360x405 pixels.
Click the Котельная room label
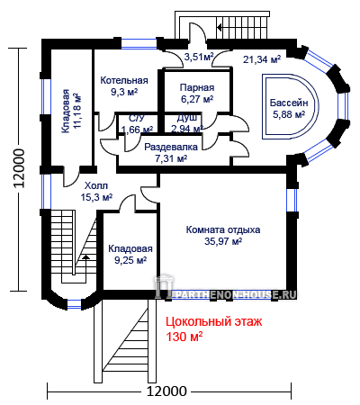click(124, 80)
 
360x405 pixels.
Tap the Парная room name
click(197, 87)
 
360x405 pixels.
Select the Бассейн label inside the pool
click(289, 103)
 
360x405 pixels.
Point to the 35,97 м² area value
click(223, 241)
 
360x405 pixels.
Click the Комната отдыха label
click(223, 229)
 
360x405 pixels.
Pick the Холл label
click(96, 185)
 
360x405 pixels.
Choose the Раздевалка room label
click(171, 147)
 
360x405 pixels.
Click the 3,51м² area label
click(199, 57)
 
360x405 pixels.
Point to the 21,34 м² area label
click(262, 59)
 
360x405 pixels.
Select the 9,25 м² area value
click(130, 260)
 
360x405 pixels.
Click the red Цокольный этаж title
click(214, 322)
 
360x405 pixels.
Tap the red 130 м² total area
click(184, 337)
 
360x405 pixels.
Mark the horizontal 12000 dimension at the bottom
click(166, 391)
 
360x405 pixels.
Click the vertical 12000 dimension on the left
click(19, 168)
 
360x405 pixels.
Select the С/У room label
click(137, 118)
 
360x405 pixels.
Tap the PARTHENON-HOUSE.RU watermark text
click(235, 294)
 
